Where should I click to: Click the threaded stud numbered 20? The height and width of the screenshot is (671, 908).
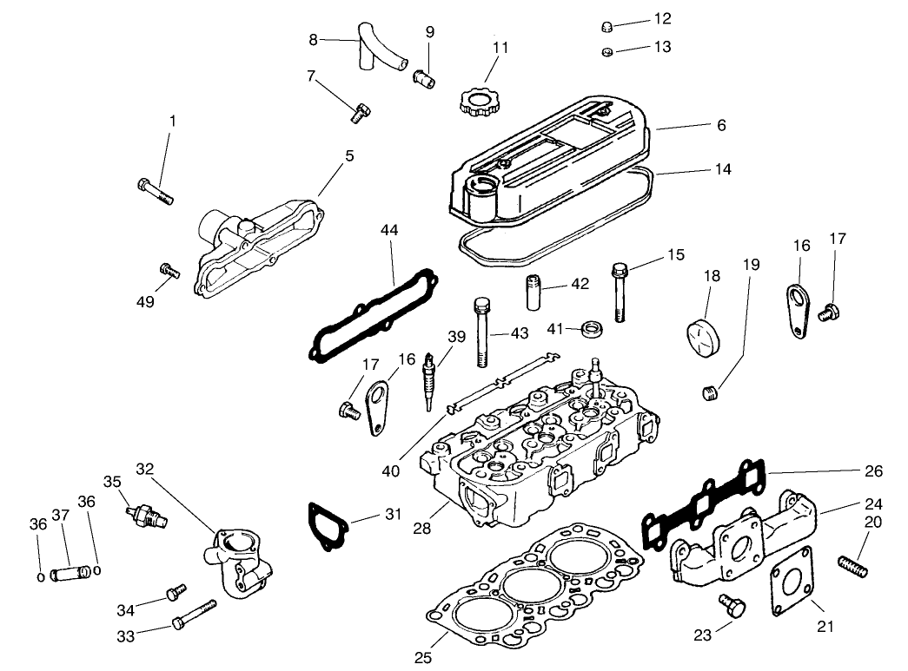856,565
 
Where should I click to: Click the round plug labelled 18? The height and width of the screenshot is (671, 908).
705,334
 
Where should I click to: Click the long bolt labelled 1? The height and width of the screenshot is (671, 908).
156,190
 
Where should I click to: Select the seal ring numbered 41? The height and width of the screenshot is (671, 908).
593,328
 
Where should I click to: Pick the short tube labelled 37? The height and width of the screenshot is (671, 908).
68,573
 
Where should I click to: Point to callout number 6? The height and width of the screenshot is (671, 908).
719,126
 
